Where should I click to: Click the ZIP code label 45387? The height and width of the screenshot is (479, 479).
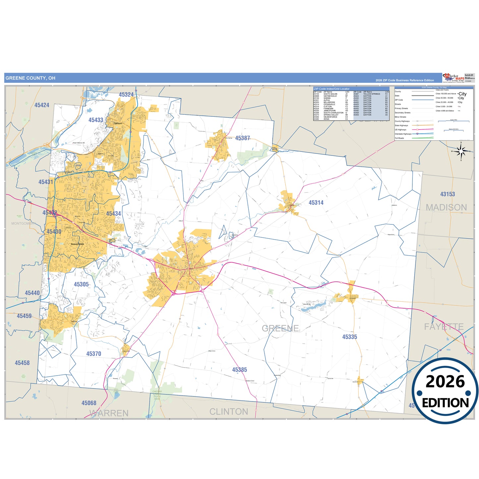tap(242, 138)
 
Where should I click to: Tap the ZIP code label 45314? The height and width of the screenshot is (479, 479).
tap(316, 203)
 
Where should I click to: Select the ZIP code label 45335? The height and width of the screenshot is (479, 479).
tap(349, 337)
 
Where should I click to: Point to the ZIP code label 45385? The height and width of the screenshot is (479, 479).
tap(239, 370)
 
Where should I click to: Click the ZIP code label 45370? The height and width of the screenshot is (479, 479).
tap(93, 354)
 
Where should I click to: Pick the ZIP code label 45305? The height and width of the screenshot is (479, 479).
tap(81, 284)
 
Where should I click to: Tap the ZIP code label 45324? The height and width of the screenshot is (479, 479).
tap(126, 94)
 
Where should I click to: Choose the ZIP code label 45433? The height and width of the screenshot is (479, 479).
tap(96, 120)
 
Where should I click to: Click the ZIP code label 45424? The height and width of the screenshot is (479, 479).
tap(42, 105)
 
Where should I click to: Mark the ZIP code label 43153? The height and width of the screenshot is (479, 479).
tap(448, 194)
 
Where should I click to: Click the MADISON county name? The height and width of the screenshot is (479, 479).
tap(446, 208)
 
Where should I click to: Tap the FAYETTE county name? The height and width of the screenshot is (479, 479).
tap(444, 327)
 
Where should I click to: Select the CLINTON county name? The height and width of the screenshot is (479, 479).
tap(229, 412)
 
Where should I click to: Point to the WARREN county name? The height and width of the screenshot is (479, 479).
tap(109, 413)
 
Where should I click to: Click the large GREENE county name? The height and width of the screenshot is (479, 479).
tap(280, 328)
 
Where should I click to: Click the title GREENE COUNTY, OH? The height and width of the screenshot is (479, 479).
tap(30, 78)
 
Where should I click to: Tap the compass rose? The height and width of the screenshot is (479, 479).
tap(460, 151)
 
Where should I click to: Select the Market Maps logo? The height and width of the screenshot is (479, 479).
tap(453, 78)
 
